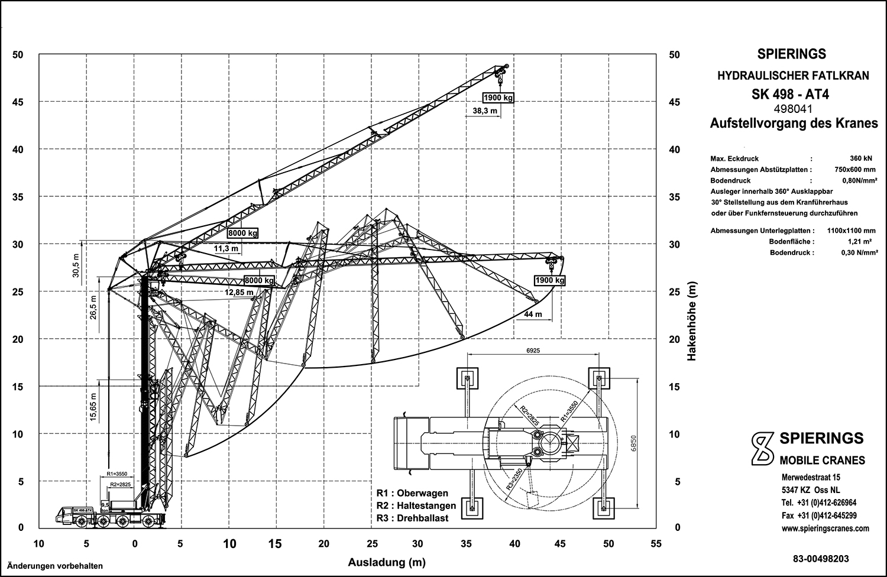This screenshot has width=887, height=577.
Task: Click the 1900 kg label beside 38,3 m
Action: [x=497, y=98]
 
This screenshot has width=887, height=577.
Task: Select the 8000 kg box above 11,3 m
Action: [x=243, y=234]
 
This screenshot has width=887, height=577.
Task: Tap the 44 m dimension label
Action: [x=533, y=315]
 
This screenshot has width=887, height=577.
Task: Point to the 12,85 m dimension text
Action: [x=239, y=292]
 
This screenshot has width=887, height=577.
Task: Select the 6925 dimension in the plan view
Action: [x=532, y=351]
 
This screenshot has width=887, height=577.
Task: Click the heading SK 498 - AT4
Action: [x=791, y=93]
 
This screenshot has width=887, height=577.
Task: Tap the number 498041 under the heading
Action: [x=791, y=109]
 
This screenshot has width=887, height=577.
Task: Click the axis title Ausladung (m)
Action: [x=387, y=562]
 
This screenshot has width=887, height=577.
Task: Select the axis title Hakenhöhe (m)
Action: [x=691, y=321]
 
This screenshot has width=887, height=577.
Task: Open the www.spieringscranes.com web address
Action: [x=824, y=529]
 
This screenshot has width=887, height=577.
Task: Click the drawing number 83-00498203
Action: [x=824, y=558]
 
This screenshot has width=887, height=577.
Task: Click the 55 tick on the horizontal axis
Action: [x=655, y=544]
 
